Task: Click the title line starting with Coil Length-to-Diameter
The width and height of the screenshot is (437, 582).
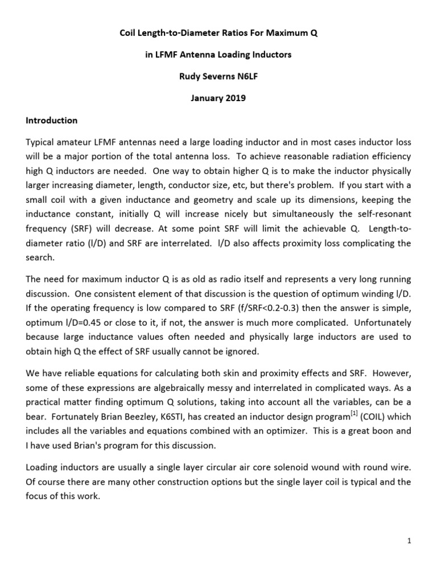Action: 218,34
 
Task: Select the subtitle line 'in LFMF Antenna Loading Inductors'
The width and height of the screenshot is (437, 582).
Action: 218,55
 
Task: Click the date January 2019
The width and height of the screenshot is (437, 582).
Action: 218,98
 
